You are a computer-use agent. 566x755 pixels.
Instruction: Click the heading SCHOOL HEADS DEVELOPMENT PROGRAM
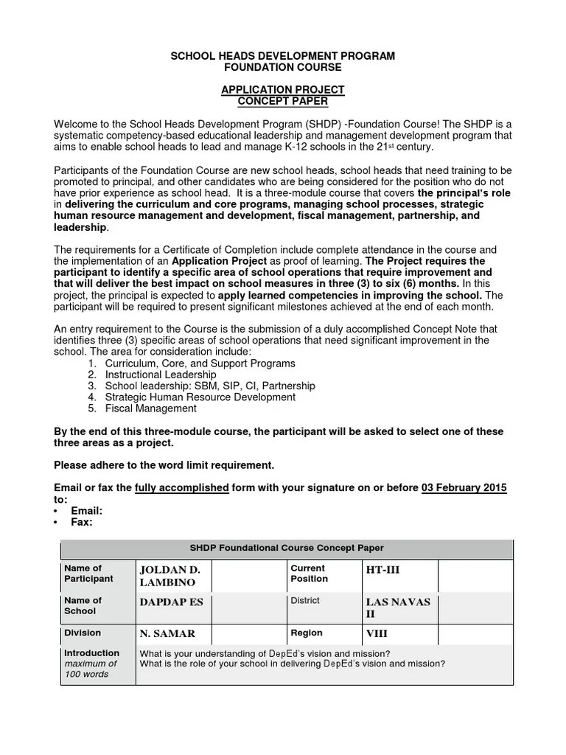click(283, 56)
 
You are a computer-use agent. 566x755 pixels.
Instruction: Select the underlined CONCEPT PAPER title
click(283, 101)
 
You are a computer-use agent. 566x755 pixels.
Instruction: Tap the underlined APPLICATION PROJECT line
click(283, 90)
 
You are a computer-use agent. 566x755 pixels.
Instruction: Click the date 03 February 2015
click(464, 488)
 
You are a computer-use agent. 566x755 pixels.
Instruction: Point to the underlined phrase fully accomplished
click(182, 488)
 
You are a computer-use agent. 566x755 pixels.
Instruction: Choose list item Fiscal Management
click(151, 408)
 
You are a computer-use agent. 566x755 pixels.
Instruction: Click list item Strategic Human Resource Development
click(200, 397)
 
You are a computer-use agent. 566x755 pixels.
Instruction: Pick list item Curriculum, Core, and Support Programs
click(200, 363)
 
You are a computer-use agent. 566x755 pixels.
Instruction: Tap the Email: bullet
click(86, 510)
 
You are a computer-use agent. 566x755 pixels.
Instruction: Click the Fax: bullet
click(81, 521)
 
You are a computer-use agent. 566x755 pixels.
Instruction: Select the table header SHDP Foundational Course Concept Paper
click(287, 548)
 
